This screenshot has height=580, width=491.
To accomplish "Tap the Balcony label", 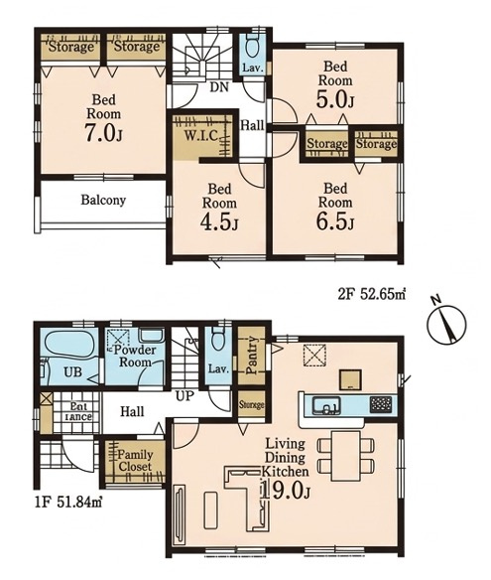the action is point(103,200).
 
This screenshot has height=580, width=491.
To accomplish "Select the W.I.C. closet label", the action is point(200,135).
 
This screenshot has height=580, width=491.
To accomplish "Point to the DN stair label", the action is point(219,87).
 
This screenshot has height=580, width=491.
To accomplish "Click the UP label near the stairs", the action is point(184,396).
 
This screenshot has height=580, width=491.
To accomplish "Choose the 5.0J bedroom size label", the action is point(335,99).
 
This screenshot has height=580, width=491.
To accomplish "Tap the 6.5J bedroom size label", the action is point(335,221).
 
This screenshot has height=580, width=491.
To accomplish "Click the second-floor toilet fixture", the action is point(252,46).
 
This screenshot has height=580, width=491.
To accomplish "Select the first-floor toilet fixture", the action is point(218,339).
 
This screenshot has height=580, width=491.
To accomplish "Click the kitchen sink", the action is point(326,405).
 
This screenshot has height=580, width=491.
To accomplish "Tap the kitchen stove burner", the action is point(381,404).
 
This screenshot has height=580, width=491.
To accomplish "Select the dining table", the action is point(345,456).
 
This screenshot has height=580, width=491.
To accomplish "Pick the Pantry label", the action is point(251,356).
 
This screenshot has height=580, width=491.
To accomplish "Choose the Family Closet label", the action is point(135,461).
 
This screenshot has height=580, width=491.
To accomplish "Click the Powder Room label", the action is point(135,356).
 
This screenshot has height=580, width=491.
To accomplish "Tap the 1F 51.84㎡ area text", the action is point(68,503).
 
